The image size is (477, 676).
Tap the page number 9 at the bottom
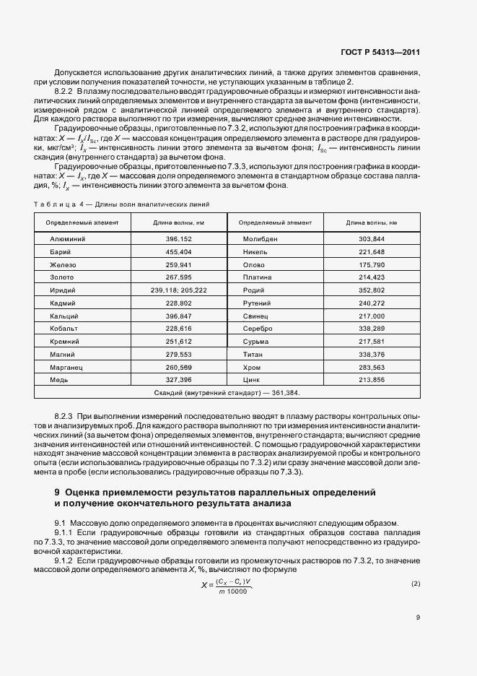[x=419, y=617]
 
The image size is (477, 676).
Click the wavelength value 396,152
[x=178, y=238]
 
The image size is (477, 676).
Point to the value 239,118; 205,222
[x=178, y=290]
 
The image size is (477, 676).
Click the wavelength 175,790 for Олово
[x=372, y=264]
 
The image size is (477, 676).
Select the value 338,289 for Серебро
[x=372, y=329]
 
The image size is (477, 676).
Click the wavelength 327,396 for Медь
[x=178, y=380]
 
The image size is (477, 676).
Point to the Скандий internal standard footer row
[x=227, y=393]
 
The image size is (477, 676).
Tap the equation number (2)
[x=415, y=583]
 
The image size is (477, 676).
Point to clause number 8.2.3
[x=64, y=417]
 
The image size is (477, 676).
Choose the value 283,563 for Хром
[x=372, y=367]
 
